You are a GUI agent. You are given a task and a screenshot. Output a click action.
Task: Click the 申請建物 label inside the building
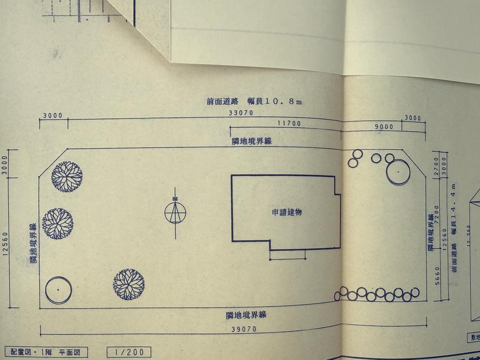(286, 212)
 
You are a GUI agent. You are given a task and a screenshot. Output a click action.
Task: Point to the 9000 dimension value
(384, 127)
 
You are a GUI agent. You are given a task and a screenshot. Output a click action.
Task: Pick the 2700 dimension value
(436, 164)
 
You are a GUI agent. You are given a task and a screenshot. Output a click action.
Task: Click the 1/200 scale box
(129, 352)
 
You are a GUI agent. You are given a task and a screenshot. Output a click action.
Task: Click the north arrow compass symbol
(175, 212)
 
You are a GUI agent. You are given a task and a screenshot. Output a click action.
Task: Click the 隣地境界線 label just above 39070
(246, 315)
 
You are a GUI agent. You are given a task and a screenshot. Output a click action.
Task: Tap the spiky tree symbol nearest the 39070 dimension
(129, 284)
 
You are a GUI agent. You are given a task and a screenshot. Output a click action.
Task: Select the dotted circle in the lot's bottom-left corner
(58, 289)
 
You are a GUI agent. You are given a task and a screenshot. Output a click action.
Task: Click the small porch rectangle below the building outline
(288, 255)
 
